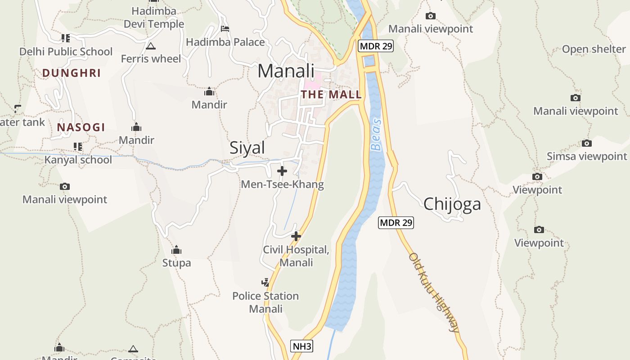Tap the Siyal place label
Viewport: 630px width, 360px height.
tap(247, 148)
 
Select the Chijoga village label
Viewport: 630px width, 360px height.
tap(452, 204)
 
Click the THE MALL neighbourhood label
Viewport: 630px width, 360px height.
tap(331, 94)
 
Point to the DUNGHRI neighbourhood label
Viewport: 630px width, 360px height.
tap(72, 73)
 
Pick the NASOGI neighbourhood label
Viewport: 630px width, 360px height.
tap(81, 127)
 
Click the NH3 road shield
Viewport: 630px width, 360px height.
tap(301, 346)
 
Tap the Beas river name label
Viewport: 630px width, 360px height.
tap(376, 134)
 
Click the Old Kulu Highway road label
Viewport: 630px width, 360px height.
tap(434, 292)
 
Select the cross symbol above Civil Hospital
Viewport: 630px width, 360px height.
tap(296, 236)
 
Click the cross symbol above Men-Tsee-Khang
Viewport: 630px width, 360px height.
tap(282, 171)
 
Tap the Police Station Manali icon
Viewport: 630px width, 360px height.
tap(265, 283)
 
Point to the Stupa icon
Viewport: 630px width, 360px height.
tap(176, 250)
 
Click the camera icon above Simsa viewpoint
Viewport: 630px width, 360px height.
tap(587, 143)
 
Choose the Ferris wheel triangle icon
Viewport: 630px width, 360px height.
tap(151, 46)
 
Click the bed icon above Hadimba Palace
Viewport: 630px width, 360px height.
tap(225, 29)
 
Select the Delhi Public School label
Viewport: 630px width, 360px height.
tap(66, 52)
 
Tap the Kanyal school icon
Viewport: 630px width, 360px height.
tap(78, 147)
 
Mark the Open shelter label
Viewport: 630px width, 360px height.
tap(594, 49)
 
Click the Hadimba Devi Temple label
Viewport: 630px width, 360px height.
tap(154, 17)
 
